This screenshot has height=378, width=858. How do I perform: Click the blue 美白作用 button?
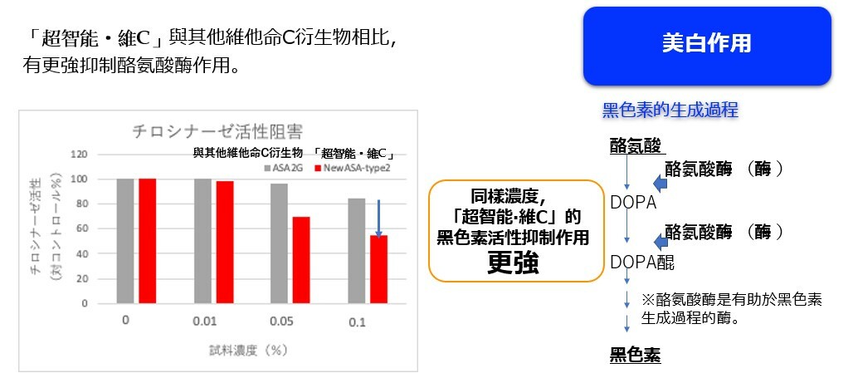pyautogui.click(x=707, y=46)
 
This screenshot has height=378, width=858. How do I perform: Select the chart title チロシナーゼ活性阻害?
pyautogui.click(x=217, y=132)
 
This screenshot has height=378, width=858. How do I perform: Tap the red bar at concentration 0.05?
pyautogui.click(x=301, y=260)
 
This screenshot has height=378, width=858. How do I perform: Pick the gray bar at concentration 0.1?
pyautogui.click(x=357, y=251)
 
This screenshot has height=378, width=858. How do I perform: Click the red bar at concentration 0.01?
pyautogui.click(x=225, y=242)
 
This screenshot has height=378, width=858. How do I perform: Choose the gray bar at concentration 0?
pyautogui.click(x=124, y=241)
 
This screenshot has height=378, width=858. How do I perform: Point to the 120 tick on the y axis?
pyautogui.click(x=80, y=155)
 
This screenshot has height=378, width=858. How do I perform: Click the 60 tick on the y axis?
pyautogui.click(x=81, y=229)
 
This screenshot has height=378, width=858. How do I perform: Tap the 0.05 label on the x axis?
pyautogui.click(x=282, y=322)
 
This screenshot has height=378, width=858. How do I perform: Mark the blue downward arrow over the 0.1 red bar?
pyautogui.click(x=378, y=218)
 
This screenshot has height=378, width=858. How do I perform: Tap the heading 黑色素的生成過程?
pyautogui.click(x=670, y=110)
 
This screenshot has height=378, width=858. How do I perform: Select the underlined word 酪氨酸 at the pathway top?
pyautogui.click(x=636, y=146)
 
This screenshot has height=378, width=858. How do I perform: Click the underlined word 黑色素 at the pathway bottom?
pyautogui.click(x=636, y=356)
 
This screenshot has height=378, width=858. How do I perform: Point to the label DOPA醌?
pyautogui.click(x=642, y=263)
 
